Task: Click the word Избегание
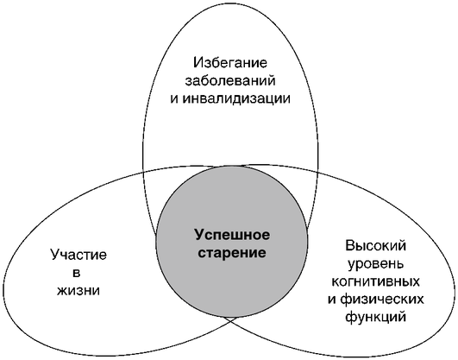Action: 230,62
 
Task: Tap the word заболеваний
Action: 230,80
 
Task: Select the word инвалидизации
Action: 237,98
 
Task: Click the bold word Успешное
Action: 232,235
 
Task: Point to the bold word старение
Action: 232,253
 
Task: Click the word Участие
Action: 78,255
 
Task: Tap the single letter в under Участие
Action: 76,273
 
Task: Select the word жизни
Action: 78,291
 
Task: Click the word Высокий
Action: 376,246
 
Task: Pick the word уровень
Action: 376,264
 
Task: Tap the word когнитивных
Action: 376,281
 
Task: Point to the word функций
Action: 376,318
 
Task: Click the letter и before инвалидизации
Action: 174,99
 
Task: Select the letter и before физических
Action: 332,300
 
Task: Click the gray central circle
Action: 232,242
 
